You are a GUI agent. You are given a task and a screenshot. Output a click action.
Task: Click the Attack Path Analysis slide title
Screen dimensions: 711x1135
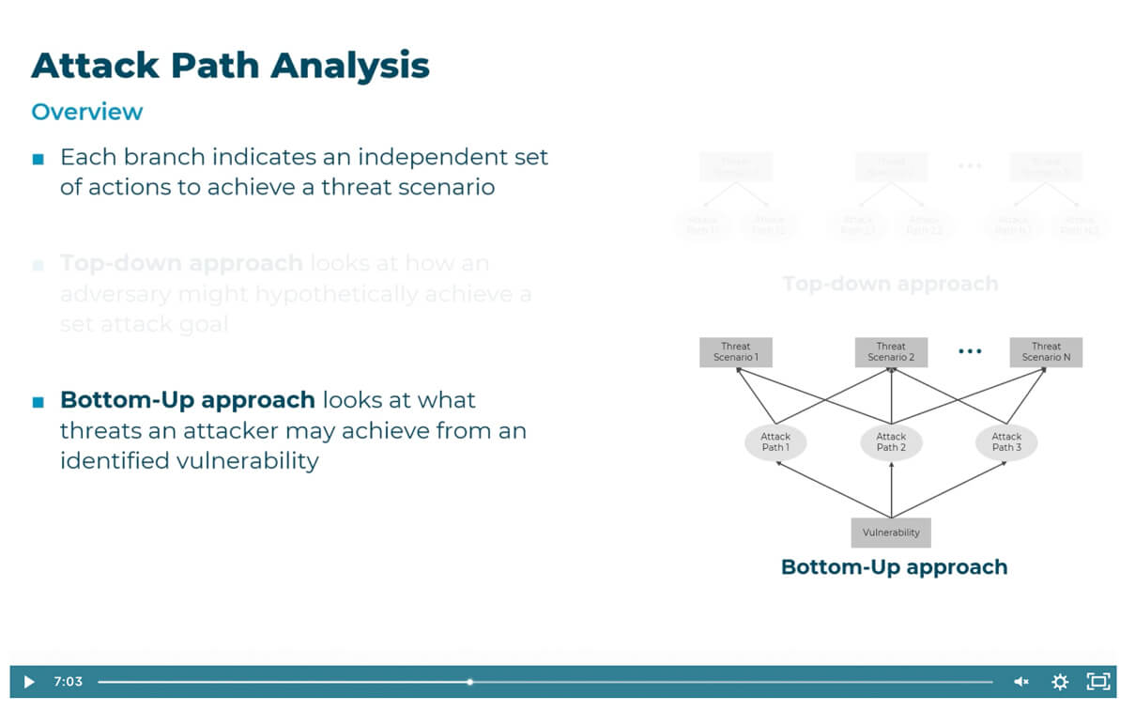(x=230, y=66)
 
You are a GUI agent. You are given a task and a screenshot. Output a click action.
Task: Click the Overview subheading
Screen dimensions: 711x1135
(x=87, y=112)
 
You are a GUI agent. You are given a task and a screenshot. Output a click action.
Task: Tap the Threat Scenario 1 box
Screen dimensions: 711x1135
(x=736, y=352)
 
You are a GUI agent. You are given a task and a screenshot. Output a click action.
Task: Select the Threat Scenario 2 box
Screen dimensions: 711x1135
(x=891, y=352)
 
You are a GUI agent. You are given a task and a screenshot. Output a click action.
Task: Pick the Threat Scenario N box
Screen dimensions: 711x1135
(x=1046, y=352)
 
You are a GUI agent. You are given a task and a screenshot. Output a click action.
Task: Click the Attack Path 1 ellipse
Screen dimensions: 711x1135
(x=775, y=441)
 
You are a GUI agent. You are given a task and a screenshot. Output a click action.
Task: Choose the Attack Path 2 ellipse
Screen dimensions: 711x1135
(x=891, y=441)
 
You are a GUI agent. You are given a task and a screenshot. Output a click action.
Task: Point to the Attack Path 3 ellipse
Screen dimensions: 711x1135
(x=1006, y=441)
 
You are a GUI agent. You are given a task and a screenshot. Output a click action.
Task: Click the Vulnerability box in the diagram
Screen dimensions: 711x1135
(x=891, y=533)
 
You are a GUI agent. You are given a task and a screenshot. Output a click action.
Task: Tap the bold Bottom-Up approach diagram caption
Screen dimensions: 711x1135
(x=894, y=567)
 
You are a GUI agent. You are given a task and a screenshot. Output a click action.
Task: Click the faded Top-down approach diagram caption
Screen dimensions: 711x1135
(x=890, y=284)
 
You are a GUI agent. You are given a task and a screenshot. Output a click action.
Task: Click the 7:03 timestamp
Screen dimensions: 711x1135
(x=68, y=682)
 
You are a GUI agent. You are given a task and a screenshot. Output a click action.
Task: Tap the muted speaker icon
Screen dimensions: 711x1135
(x=1021, y=682)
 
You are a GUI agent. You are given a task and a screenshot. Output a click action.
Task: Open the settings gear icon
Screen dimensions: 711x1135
(x=1060, y=682)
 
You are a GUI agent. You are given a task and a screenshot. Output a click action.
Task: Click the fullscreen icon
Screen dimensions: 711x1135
(x=1097, y=682)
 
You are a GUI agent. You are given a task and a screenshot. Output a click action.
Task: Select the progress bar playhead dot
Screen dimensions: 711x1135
(x=469, y=682)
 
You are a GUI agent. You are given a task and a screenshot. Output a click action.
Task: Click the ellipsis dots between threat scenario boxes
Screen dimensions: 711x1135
(x=969, y=351)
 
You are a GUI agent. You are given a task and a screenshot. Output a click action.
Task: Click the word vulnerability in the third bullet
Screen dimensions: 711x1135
(x=248, y=461)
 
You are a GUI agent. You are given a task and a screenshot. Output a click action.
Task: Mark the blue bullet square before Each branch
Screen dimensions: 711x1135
(x=38, y=159)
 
